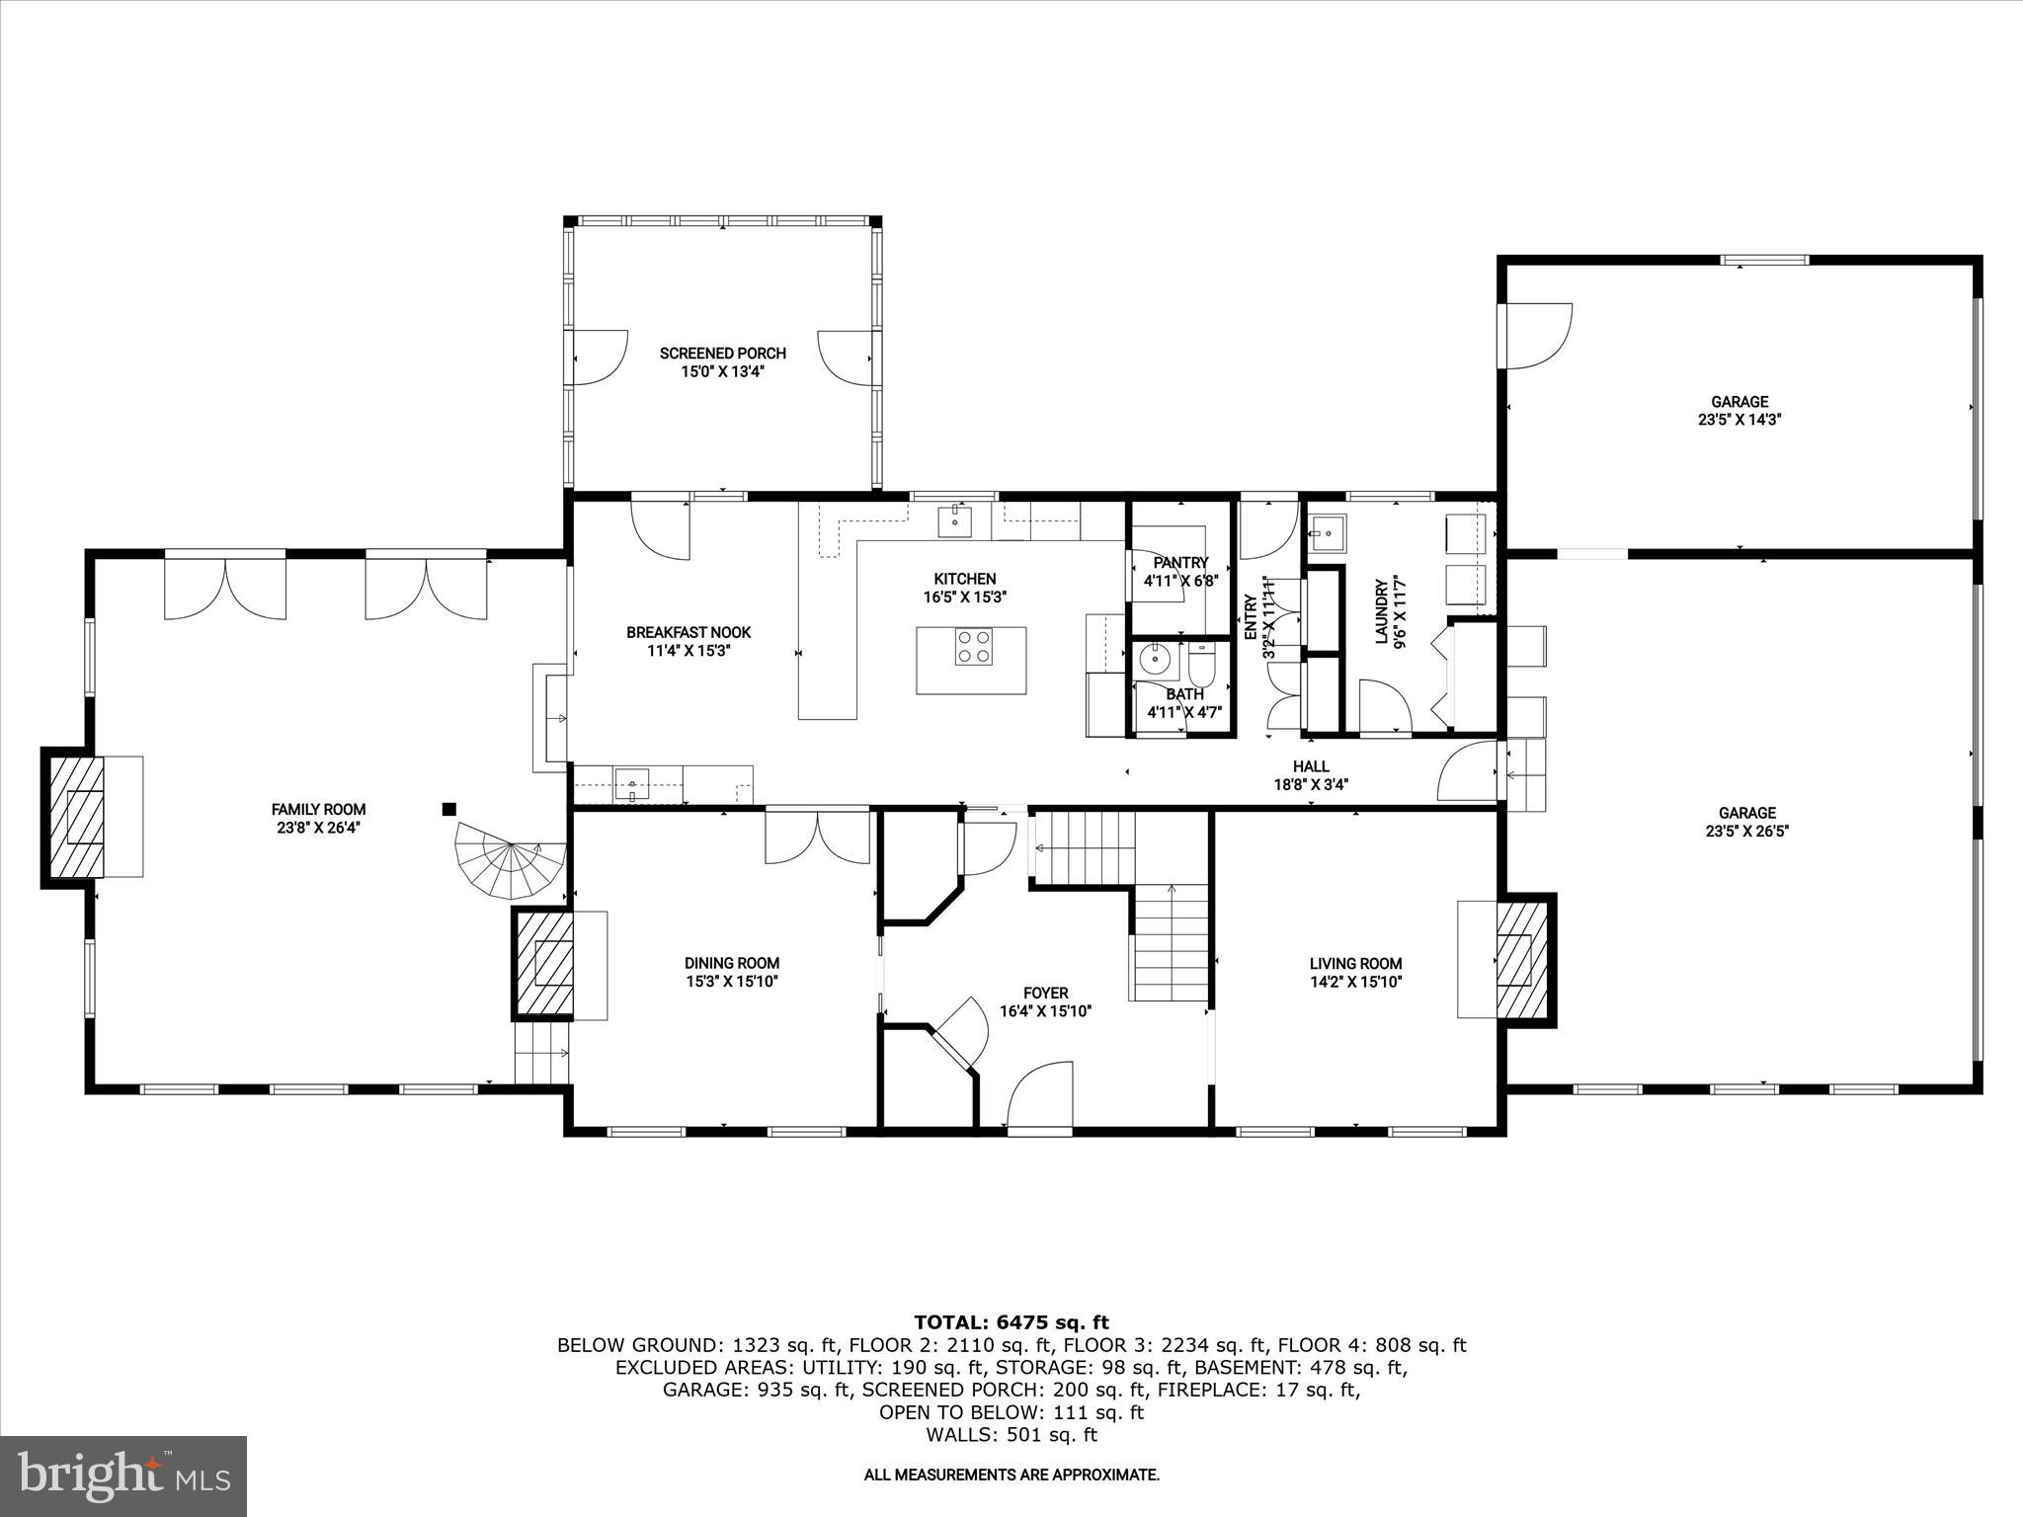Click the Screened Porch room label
pyautogui.click(x=723, y=353)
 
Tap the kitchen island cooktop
pyautogui.click(x=973, y=647)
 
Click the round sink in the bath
pyautogui.click(x=1154, y=657)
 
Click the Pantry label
pyautogui.click(x=1180, y=563)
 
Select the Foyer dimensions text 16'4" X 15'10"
pyautogui.click(x=1045, y=1011)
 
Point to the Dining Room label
pyautogui.click(x=732, y=963)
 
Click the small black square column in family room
pyautogui.click(x=448, y=809)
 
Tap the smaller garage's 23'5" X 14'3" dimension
pyautogui.click(x=1740, y=419)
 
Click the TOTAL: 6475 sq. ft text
pyautogui.click(x=1011, y=1322)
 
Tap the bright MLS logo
pyautogui.click(x=123, y=1477)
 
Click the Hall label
pyautogui.click(x=1311, y=766)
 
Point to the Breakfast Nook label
pyautogui.click(x=688, y=632)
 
